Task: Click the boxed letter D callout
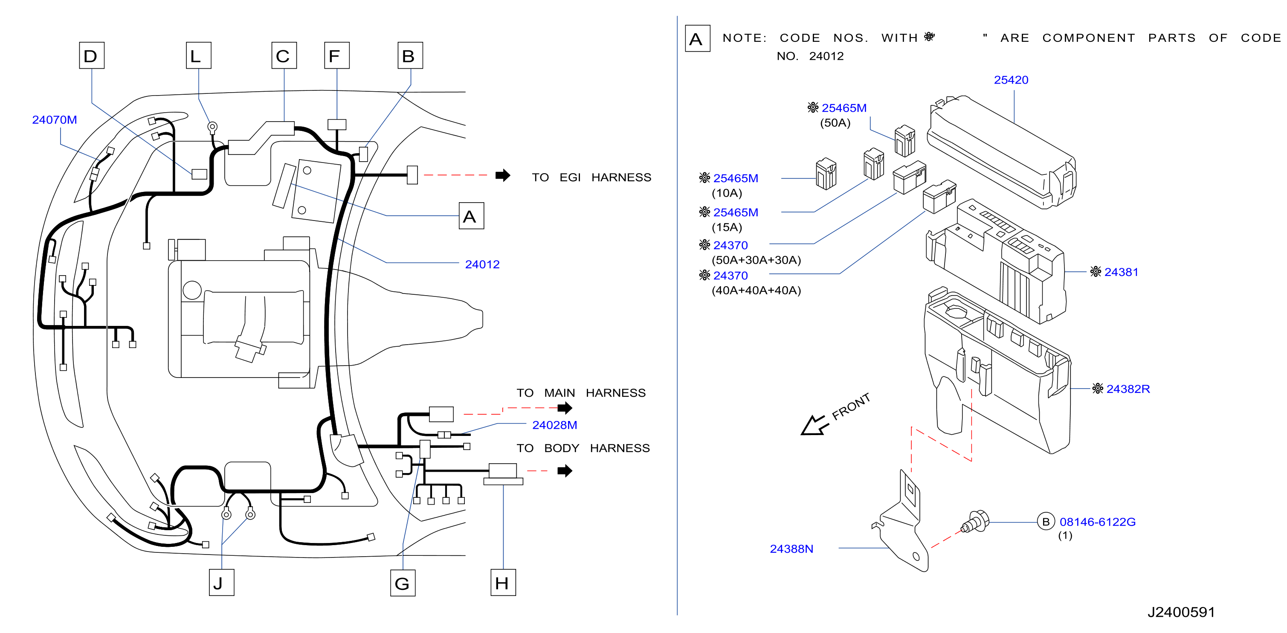[x=91, y=55]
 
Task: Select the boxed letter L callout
[x=198, y=55]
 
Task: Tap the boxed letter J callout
[x=221, y=583]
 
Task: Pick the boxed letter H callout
[x=503, y=583]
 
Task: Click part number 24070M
[x=55, y=120]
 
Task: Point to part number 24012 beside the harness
[x=482, y=264]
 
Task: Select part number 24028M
[x=554, y=425]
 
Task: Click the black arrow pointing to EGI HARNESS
[x=503, y=175]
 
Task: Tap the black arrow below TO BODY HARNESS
[x=565, y=470]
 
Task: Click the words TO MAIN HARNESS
[x=581, y=393]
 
